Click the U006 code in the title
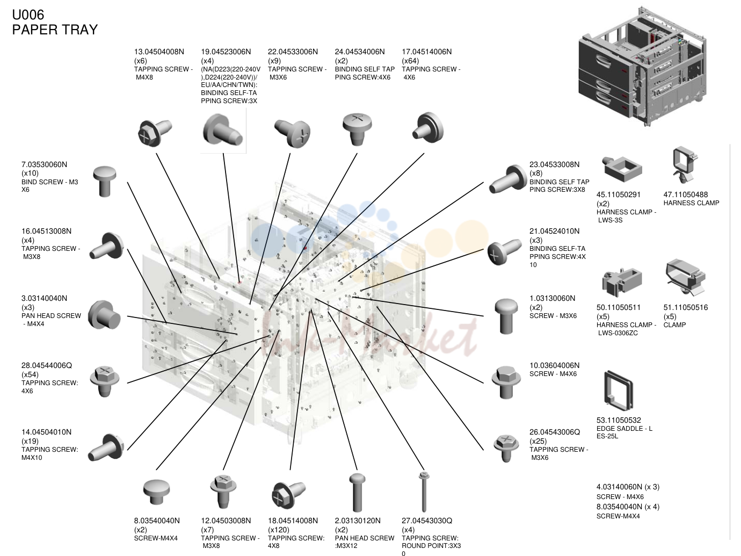tap(28, 15)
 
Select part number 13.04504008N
tap(159, 52)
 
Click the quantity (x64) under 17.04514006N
tap(410, 61)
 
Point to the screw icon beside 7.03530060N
tap(105, 181)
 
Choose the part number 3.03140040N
tap(44, 299)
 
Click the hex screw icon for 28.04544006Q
tap(105, 381)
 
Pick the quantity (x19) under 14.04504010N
tap(30, 441)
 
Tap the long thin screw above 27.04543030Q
tap(424, 492)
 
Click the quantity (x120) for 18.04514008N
tap(279, 530)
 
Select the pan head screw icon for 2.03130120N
tap(357, 493)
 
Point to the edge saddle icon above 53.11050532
tap(619, 390)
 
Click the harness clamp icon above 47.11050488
tap(684, 165)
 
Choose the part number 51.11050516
tap(686, 307)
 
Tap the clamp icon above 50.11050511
tap(622, 282)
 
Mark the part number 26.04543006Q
tap(555, 432)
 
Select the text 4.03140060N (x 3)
tap(628, 487)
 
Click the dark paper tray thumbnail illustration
tap(642, 67)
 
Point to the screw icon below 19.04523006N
tap(223, 129)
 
